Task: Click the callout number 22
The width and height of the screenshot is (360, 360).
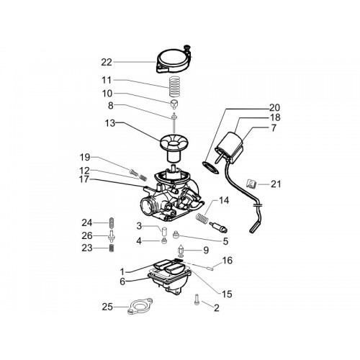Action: [x=107, y=63]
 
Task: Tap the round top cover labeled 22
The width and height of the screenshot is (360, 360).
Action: [x=174, y=60]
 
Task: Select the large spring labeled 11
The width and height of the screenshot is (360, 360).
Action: [x=174, y=86]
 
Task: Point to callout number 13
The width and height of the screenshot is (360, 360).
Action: [x=110, y=123]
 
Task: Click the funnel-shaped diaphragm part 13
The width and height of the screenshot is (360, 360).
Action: [x=174, y=147]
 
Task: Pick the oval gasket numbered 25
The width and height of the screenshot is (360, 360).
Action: [x=140, y=306]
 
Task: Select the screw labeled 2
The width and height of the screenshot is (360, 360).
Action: [x=197, y=300]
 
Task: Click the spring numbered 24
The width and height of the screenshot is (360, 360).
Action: [x=112, y=223]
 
